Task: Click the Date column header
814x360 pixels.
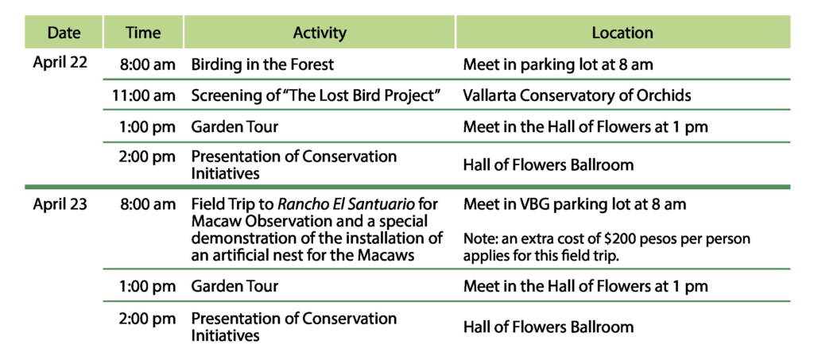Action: [64, 33]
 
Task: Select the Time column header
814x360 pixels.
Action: [143, 33]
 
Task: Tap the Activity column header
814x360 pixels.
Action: [320, 33]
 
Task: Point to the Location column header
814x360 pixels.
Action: [622, 33]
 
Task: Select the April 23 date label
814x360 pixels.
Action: [60, 204]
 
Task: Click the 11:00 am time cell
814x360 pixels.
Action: [144, 95]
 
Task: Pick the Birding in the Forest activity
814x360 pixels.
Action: [262, 64]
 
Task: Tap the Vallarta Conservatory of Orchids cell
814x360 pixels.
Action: [577, 95]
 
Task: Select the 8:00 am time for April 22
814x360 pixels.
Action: [147, 64]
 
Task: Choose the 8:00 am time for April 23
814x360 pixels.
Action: [147, 204]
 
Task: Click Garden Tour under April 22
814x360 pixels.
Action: [235, 126]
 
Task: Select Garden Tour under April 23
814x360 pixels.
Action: [235, 286]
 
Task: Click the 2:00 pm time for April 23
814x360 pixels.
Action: [147, 319]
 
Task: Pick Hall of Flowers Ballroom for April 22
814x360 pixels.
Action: [548, 165]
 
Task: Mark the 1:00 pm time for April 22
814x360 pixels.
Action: [147, 126]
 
